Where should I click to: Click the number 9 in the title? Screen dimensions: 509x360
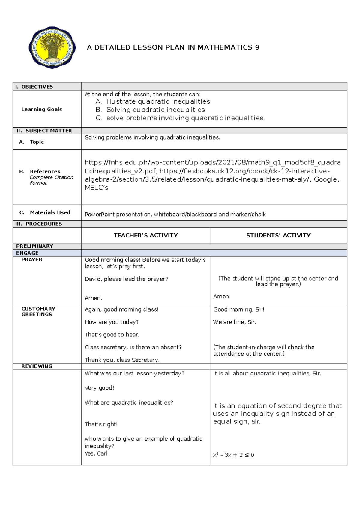pos(257,47)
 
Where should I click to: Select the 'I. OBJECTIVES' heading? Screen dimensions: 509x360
pos(34,87)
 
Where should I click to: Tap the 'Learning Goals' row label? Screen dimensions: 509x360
pos(42,109)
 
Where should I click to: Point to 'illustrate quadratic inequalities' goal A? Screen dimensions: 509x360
pos(158,101)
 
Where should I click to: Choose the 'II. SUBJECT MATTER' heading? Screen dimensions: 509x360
pos(44,131)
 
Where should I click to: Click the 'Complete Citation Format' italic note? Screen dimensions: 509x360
pos(51,180)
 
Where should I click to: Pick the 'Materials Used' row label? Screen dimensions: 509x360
pos(50,212)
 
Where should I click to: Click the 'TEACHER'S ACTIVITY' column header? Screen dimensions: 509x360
pos(146,236)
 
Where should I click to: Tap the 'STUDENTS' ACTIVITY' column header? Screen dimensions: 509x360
pos(278,236)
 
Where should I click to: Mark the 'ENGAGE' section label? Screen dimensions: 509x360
pos(27,253)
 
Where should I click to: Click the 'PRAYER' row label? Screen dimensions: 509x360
pos(32,260)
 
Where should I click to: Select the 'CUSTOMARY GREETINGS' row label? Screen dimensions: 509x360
pos(38,312)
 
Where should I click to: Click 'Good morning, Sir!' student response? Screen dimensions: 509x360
pos(239,309)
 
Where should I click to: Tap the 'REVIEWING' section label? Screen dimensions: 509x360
pos(37,366)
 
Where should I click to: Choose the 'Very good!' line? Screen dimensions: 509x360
pos(99,388)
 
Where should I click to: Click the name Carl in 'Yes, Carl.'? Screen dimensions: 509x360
pos(103,453)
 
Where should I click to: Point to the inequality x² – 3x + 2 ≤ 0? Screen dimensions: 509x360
pos(233,455)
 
